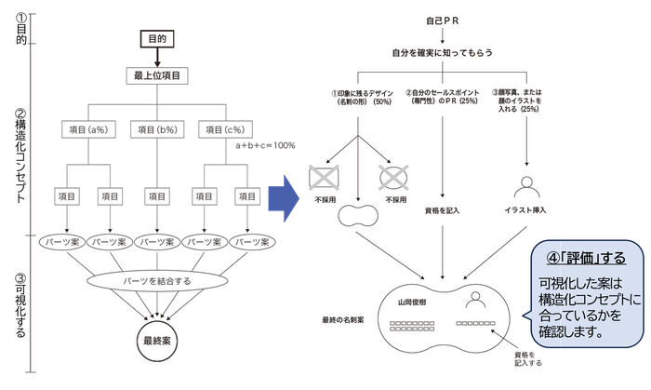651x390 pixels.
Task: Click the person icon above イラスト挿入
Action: [x=526, y=183]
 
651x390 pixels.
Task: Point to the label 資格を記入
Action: [x=442, y=210]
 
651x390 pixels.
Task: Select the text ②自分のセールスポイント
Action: [x=442, y=93]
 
